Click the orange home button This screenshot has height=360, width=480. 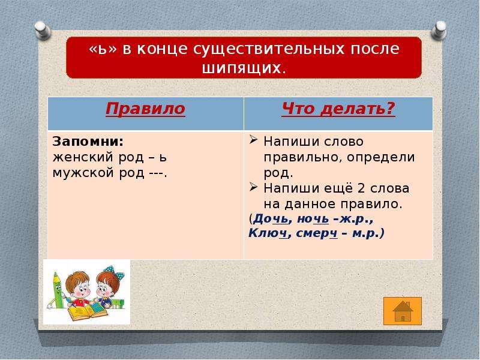(x=403, y=311)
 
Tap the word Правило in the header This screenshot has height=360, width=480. (x=145, y=109)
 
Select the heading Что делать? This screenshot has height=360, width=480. (x=338, y=109)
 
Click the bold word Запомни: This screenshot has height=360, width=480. (x=88, y=142)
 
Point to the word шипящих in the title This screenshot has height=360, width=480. (x=241, y=68)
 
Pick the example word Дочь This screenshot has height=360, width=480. (x=271, y=219)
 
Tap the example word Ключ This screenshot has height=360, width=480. (x=268, y=233)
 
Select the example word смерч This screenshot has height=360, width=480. (x=317, y=234)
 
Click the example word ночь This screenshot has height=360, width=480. (x=313, y=219)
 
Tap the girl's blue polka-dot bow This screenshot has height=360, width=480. (x=114, y=272)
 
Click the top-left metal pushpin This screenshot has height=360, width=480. (x=43, y=31)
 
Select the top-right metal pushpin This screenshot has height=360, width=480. (x=439, y=29)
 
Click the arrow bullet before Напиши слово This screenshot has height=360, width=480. (x=253, y=140)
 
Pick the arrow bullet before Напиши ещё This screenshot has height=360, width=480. (x=253, y=187)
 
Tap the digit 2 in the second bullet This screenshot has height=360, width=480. (x=361, y=188)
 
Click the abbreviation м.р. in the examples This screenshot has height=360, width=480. (x=365, y=234)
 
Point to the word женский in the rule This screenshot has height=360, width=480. (x=83, y=158)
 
